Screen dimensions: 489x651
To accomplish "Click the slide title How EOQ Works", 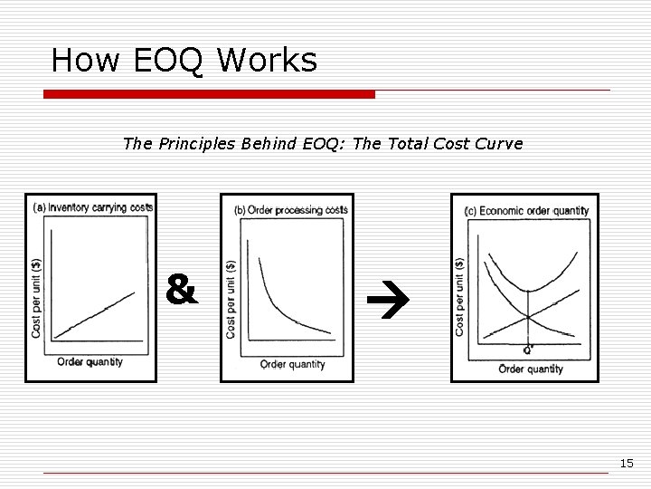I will coord(184,61).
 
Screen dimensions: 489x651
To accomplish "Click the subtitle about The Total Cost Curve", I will coord(322,144).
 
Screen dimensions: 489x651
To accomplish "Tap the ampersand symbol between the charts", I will coord(182,291).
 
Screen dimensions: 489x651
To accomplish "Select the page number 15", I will coord(627,464).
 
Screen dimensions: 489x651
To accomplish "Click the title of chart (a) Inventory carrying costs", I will coord(93,207).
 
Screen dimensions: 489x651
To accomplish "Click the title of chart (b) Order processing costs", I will coord(290,210).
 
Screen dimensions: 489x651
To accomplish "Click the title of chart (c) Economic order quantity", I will coord(525,211).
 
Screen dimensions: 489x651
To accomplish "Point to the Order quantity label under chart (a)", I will coord(90,362).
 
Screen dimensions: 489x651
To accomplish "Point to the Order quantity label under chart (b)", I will coord(292,364).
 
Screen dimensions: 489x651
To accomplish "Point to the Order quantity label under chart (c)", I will coord(531,369).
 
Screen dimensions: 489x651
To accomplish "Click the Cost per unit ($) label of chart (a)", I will coord(36,299).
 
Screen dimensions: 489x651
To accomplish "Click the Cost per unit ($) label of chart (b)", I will coord(231,300).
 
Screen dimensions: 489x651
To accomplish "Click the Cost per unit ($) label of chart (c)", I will coord(460,297).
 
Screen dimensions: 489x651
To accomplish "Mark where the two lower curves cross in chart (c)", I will coord(528,318).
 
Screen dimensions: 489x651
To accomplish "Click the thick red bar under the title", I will coord(209,94).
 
